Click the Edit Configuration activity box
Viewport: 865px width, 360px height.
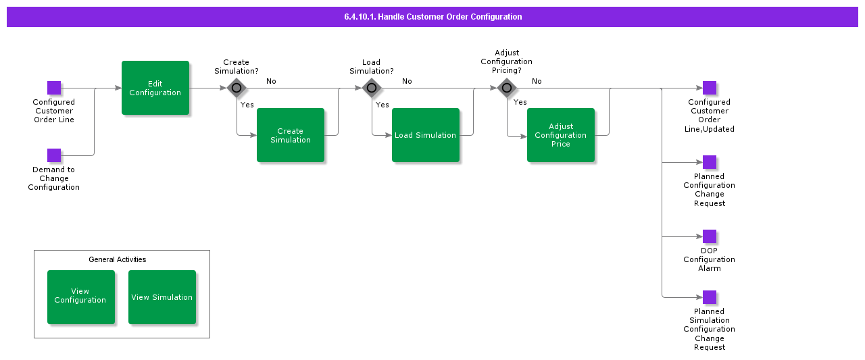[155, 88]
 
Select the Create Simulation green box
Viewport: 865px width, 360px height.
[291, 135]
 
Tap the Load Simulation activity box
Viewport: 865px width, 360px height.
[426, 135]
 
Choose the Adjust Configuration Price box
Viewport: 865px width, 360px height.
[561, 135]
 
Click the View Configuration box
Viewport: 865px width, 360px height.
[81, 297]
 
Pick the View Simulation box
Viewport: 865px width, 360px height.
[162, 297]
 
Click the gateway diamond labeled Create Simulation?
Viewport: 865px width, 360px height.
[237, 88]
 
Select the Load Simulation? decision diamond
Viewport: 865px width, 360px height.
[372, 88]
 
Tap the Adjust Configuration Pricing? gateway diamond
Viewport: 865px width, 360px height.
[507, 88]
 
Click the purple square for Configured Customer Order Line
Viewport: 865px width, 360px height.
[54, 88]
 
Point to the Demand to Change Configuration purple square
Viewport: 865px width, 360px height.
[54, 155]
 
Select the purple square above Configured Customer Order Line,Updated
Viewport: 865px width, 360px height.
[709, 88]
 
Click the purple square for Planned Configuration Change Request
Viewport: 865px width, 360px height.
[709, 162]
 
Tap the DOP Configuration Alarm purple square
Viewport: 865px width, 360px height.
[709, 236]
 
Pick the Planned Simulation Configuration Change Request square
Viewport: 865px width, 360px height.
[709, 297]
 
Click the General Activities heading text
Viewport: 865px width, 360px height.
[118, 259]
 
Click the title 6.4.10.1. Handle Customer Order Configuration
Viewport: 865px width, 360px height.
[432, 17]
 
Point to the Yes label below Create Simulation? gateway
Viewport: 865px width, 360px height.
[247, 105]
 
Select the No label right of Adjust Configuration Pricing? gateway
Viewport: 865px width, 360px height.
[537, 81]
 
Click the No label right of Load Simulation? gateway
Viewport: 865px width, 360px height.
[407, 81]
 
